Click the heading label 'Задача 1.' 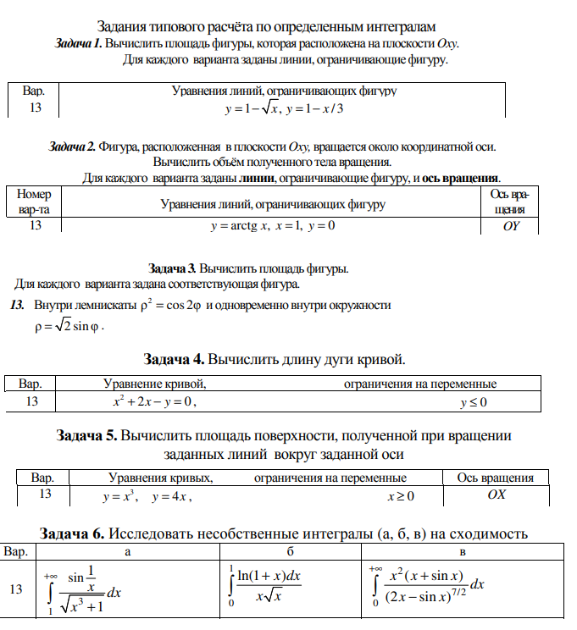[78, 44]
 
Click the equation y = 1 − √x [252, 108]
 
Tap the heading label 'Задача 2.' [73, 146]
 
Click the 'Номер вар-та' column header [35, 202]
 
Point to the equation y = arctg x [240, 227]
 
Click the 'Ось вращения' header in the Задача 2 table [508, 202]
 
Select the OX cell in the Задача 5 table [496, 495]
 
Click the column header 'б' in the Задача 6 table [290, 553]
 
